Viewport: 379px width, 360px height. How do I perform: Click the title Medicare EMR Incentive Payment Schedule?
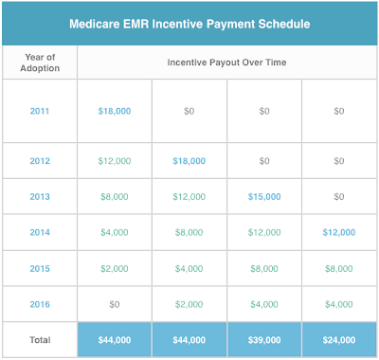(189, 23)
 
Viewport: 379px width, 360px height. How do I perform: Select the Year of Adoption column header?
(39, 63)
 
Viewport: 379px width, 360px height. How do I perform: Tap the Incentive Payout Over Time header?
(226, 63)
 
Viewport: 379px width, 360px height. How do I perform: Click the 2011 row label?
(39, 111)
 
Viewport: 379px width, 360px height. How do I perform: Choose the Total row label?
(39, 339)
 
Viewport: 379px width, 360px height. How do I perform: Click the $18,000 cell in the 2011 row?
(115, 111)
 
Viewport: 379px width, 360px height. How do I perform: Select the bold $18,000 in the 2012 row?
(189, 161)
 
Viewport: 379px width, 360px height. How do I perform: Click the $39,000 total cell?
(264, 339)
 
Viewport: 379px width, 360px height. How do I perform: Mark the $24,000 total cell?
(338, 339)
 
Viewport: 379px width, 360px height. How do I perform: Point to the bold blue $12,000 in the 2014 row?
(338, 231)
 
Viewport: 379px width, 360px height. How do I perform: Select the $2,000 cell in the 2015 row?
(115, 268)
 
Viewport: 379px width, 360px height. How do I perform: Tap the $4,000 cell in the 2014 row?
(115, 231)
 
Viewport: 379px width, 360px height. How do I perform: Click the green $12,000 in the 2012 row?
(115, 161)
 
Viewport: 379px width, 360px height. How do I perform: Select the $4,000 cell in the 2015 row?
(189, 268)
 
